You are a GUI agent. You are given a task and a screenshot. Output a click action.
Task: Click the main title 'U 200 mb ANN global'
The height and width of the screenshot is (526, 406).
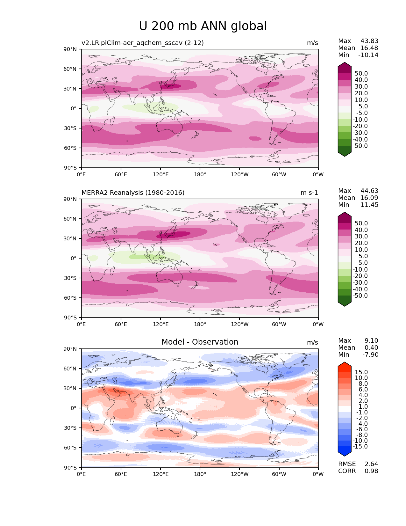(x=203, y=26)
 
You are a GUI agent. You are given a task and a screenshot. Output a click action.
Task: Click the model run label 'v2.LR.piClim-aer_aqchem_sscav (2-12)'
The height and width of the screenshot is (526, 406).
(x=143, y=43)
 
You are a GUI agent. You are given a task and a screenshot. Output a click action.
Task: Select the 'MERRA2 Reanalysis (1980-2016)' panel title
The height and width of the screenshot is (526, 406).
(x=133, y=193)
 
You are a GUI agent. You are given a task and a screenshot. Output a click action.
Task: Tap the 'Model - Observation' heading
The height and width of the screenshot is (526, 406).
(x=200, y=342)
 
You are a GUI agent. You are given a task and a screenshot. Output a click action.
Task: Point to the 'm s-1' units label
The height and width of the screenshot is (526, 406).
(x=309, y=193)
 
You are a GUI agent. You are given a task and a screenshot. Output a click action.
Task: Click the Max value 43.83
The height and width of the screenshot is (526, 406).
(x=369, y=41)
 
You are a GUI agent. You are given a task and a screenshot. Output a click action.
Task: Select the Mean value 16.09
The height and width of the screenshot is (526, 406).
(x=369, y=198)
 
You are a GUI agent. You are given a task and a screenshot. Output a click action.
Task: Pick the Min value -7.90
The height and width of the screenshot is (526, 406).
(x=370, y=354)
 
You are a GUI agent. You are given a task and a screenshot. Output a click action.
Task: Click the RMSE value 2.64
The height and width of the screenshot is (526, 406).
(x=371, y=464)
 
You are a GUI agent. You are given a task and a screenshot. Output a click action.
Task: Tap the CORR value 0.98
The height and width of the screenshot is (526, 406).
(x=371, y=471)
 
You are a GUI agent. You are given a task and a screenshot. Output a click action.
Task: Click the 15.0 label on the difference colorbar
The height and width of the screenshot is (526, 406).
(x=361, y=372)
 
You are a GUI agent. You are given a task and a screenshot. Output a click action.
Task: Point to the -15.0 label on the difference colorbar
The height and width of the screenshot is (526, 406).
(x=360, y=446)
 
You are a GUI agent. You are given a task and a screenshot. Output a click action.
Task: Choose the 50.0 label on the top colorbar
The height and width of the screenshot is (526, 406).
(x=361, y=73)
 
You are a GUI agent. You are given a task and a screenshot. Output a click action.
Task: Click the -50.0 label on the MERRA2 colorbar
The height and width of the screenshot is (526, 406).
(x=360, y=296)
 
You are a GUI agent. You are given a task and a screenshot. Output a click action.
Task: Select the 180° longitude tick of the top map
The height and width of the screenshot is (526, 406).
(x=200, y=174)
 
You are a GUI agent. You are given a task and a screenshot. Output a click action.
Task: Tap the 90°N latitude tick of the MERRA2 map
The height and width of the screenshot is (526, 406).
(x=70, y=199)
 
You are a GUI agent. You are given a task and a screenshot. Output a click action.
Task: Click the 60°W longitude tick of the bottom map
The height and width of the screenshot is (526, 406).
(x=279, y=474)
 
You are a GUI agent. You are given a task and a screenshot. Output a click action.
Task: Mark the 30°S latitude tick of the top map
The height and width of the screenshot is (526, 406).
(x=70, y=128)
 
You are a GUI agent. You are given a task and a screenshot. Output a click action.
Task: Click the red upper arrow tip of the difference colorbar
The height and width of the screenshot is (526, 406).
(x=345, y=364)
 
